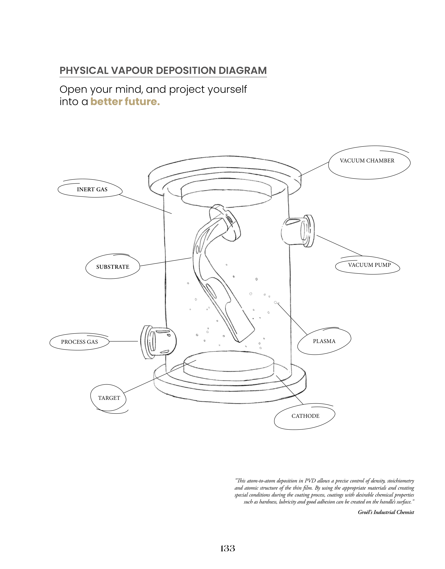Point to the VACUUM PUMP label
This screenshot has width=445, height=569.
click(x=369, y=265)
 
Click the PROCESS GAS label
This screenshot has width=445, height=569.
click(x=79, y=342)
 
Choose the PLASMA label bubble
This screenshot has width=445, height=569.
click(x=324, y=341)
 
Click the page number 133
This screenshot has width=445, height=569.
click(x=227, y=549)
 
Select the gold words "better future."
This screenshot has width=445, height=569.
click(x=125, y=102)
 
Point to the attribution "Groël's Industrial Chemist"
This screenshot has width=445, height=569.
click(x=386, y=512)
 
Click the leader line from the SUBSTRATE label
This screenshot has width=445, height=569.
click(x=166, y=262)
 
